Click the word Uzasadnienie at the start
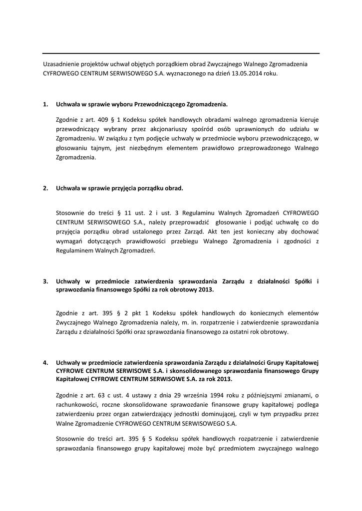point(60,64)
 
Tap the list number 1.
point(45,105)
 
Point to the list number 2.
point(45,189)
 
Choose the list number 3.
point(45,281)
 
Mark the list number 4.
point(45,362)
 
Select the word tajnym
point(98,148)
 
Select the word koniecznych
point(267,313)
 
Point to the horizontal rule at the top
point(181,53)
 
